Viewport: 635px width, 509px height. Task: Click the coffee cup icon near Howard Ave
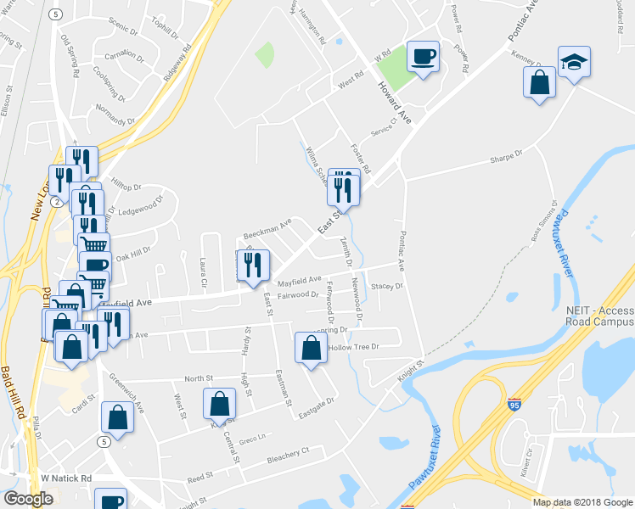pyautogui.click(x=423, y=57)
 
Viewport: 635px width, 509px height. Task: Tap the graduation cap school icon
pyautogui.click(x=574, y=62)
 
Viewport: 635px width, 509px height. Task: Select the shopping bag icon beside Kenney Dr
pyautogui.click(x=539, y=84)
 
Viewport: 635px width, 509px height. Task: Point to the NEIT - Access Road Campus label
pyautogui.click(x=599, y=316)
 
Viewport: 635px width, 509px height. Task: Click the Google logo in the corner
pyautogui.click(x=28, y=499)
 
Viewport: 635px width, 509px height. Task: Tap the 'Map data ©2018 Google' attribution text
pyautogui.click(x=582, y=502)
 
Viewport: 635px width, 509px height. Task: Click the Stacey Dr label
pyautogui.click(x=385, y=287)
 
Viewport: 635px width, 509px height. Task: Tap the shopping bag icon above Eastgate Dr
pyautogui.click(x=312, y=347)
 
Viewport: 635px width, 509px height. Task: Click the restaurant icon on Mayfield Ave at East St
pyautogui.click(x=254, y=266)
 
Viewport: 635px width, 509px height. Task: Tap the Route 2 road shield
pyautogui.click(x=56, y=202)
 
